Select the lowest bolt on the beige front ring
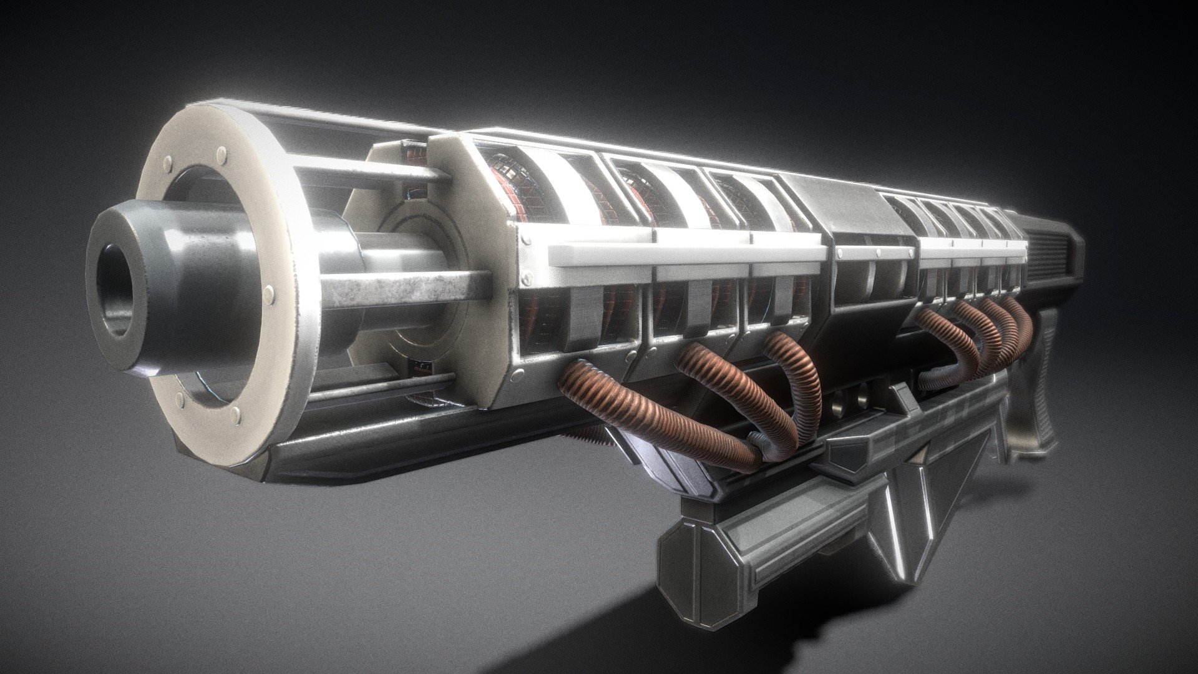(x=235, y=413)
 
